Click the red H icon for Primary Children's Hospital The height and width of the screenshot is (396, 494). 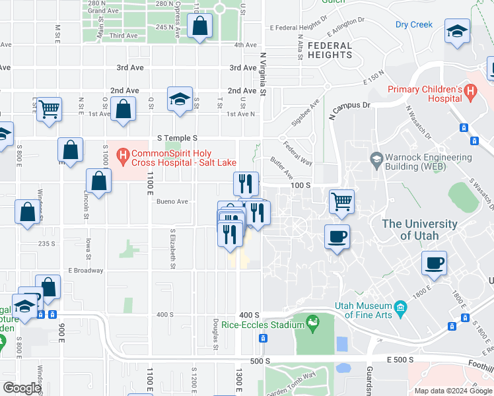tap(471, 93)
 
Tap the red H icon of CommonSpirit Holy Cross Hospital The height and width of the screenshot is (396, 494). tap(122, 156)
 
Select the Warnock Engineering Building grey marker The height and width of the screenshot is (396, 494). tap(376, 158)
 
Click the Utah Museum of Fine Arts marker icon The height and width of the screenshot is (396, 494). tap(400, 308)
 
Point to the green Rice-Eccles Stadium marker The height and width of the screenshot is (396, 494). tap(312, 323)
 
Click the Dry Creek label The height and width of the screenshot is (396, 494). tap(414, 25)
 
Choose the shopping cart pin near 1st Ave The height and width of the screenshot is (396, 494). tap(49, 110)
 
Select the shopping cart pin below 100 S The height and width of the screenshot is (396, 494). tap(341, 201)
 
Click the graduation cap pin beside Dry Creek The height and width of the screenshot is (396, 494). tap(456, 32)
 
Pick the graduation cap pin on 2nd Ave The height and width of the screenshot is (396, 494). tap(179, 99)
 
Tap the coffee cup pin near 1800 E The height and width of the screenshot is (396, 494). tap(435, 263)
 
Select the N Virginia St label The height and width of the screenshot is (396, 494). tap(262, 74)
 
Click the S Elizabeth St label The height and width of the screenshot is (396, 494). tap(172, 249)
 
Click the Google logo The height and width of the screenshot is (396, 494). tap(22, 388)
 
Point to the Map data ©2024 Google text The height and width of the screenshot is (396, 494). tap(452, 391)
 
